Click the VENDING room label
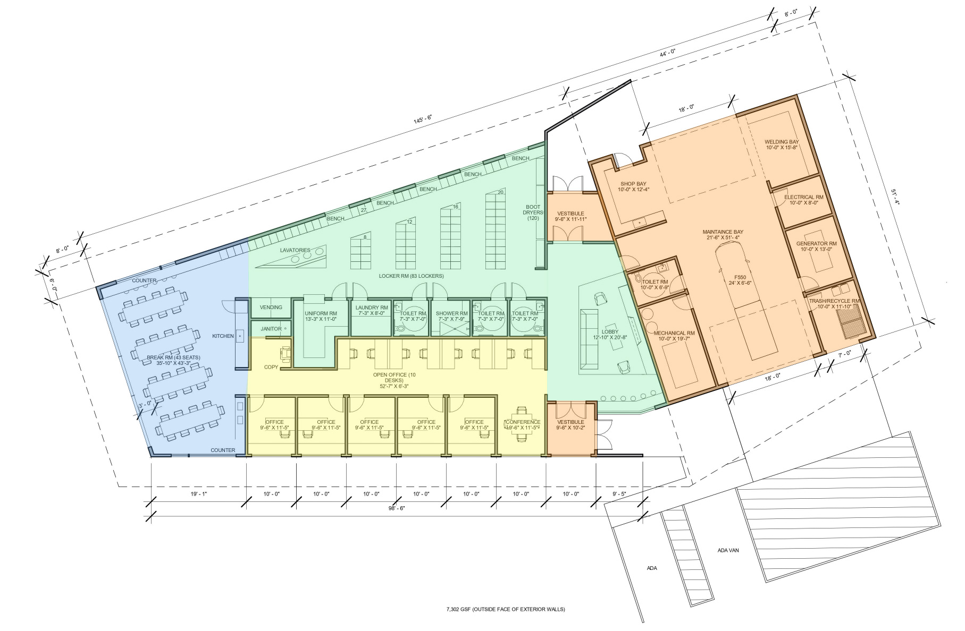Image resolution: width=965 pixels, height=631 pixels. (x=271, y=308)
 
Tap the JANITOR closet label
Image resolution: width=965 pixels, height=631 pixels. (x=271, y=329)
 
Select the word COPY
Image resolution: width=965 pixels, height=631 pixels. (x=271, y=367)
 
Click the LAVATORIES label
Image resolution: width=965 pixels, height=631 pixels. (x=295, y=250)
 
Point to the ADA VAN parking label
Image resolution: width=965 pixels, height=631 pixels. (x=729, y=550)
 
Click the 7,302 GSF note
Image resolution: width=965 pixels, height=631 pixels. (x=506, y=610)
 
